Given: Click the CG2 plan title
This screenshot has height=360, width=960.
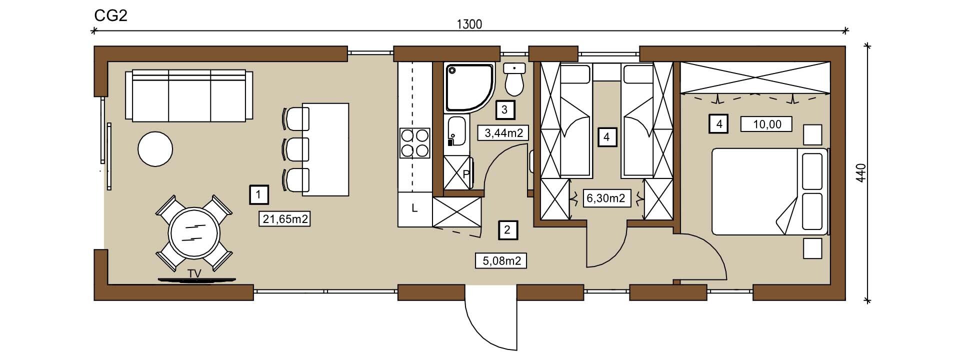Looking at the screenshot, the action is coord(111,16).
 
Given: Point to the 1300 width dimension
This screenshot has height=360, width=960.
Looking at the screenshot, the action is coord(469,24).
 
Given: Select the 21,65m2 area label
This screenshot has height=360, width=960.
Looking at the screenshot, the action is coord(285,218).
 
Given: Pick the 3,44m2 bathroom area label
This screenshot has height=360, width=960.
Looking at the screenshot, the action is coord(503,133).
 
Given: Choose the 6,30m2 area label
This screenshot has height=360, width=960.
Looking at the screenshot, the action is coord(605,198).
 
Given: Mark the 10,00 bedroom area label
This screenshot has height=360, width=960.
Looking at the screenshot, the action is coord(766,123).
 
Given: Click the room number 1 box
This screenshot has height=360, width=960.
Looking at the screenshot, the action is coord(258,194).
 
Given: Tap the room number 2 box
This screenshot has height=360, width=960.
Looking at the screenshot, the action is coord(507,230).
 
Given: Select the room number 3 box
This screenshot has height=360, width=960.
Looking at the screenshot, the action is coord(504,109).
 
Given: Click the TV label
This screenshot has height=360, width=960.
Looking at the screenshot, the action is coord(195,273).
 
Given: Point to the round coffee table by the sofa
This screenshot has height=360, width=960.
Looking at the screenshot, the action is coord(155,148).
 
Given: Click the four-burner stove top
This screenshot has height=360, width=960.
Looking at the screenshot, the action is coord(414,143).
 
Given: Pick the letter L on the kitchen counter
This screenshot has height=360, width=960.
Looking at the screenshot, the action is coord(414,208).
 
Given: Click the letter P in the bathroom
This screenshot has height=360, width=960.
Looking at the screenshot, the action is coord(465,174).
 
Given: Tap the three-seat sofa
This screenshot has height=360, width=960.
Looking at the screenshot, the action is coord(189,95).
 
